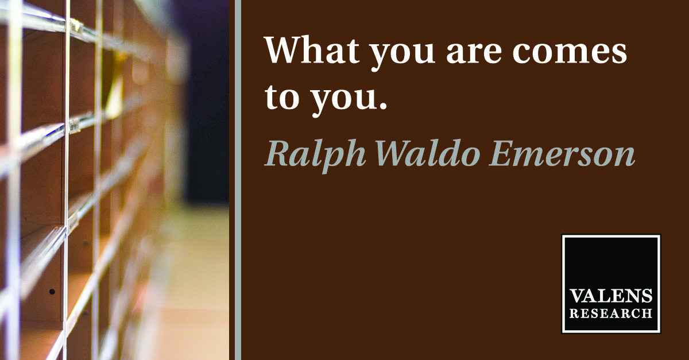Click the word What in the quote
[312, 50]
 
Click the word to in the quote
[282, 96]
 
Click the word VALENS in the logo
[611, 296]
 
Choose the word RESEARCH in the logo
[611, 314]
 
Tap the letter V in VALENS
[578, 296]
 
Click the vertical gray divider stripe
[238, 180]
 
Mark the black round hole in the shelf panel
[52, 291]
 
